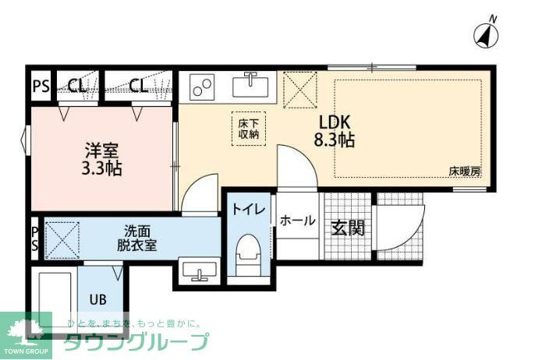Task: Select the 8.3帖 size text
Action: [x=335, y=141]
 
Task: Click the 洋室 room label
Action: [x=101, y=148]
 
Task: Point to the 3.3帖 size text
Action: [x=101, y=167]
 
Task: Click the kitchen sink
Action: [x=251, y=83]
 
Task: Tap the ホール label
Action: [x=297, y=221]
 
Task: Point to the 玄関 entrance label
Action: [x=348, y=228]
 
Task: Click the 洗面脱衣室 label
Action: [x=137, y=237]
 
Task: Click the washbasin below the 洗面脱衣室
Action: [x=201, y=274]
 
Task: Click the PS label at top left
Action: [x=41, y=86]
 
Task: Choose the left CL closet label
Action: [x=76, y=86]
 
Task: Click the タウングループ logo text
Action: [x=136, y=341]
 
